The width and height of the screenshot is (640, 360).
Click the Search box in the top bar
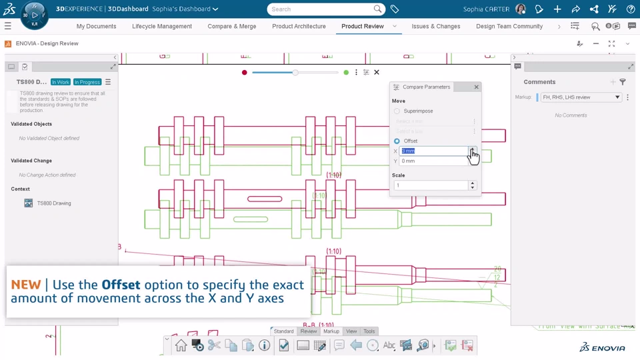323,9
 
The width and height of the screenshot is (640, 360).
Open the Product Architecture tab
299,27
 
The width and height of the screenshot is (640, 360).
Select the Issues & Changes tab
435,27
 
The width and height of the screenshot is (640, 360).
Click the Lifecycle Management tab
162,27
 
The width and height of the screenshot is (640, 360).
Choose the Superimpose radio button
397,111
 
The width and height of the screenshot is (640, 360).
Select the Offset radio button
397,141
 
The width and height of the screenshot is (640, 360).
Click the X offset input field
433,151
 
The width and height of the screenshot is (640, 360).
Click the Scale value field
431,185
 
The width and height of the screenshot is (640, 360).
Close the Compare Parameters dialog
476,87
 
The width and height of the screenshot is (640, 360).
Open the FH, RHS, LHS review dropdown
581,97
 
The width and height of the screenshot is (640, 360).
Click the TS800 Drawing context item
53,203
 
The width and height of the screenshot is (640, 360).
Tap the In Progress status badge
87,82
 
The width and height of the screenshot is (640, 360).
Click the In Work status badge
61,82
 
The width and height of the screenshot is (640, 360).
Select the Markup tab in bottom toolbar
331,331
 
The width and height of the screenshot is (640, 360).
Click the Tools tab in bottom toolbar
369,331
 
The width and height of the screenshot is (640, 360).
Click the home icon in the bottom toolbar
181,345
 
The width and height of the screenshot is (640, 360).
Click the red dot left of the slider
245,73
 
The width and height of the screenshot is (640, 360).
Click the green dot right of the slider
346,73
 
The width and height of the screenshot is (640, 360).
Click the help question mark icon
630,9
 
